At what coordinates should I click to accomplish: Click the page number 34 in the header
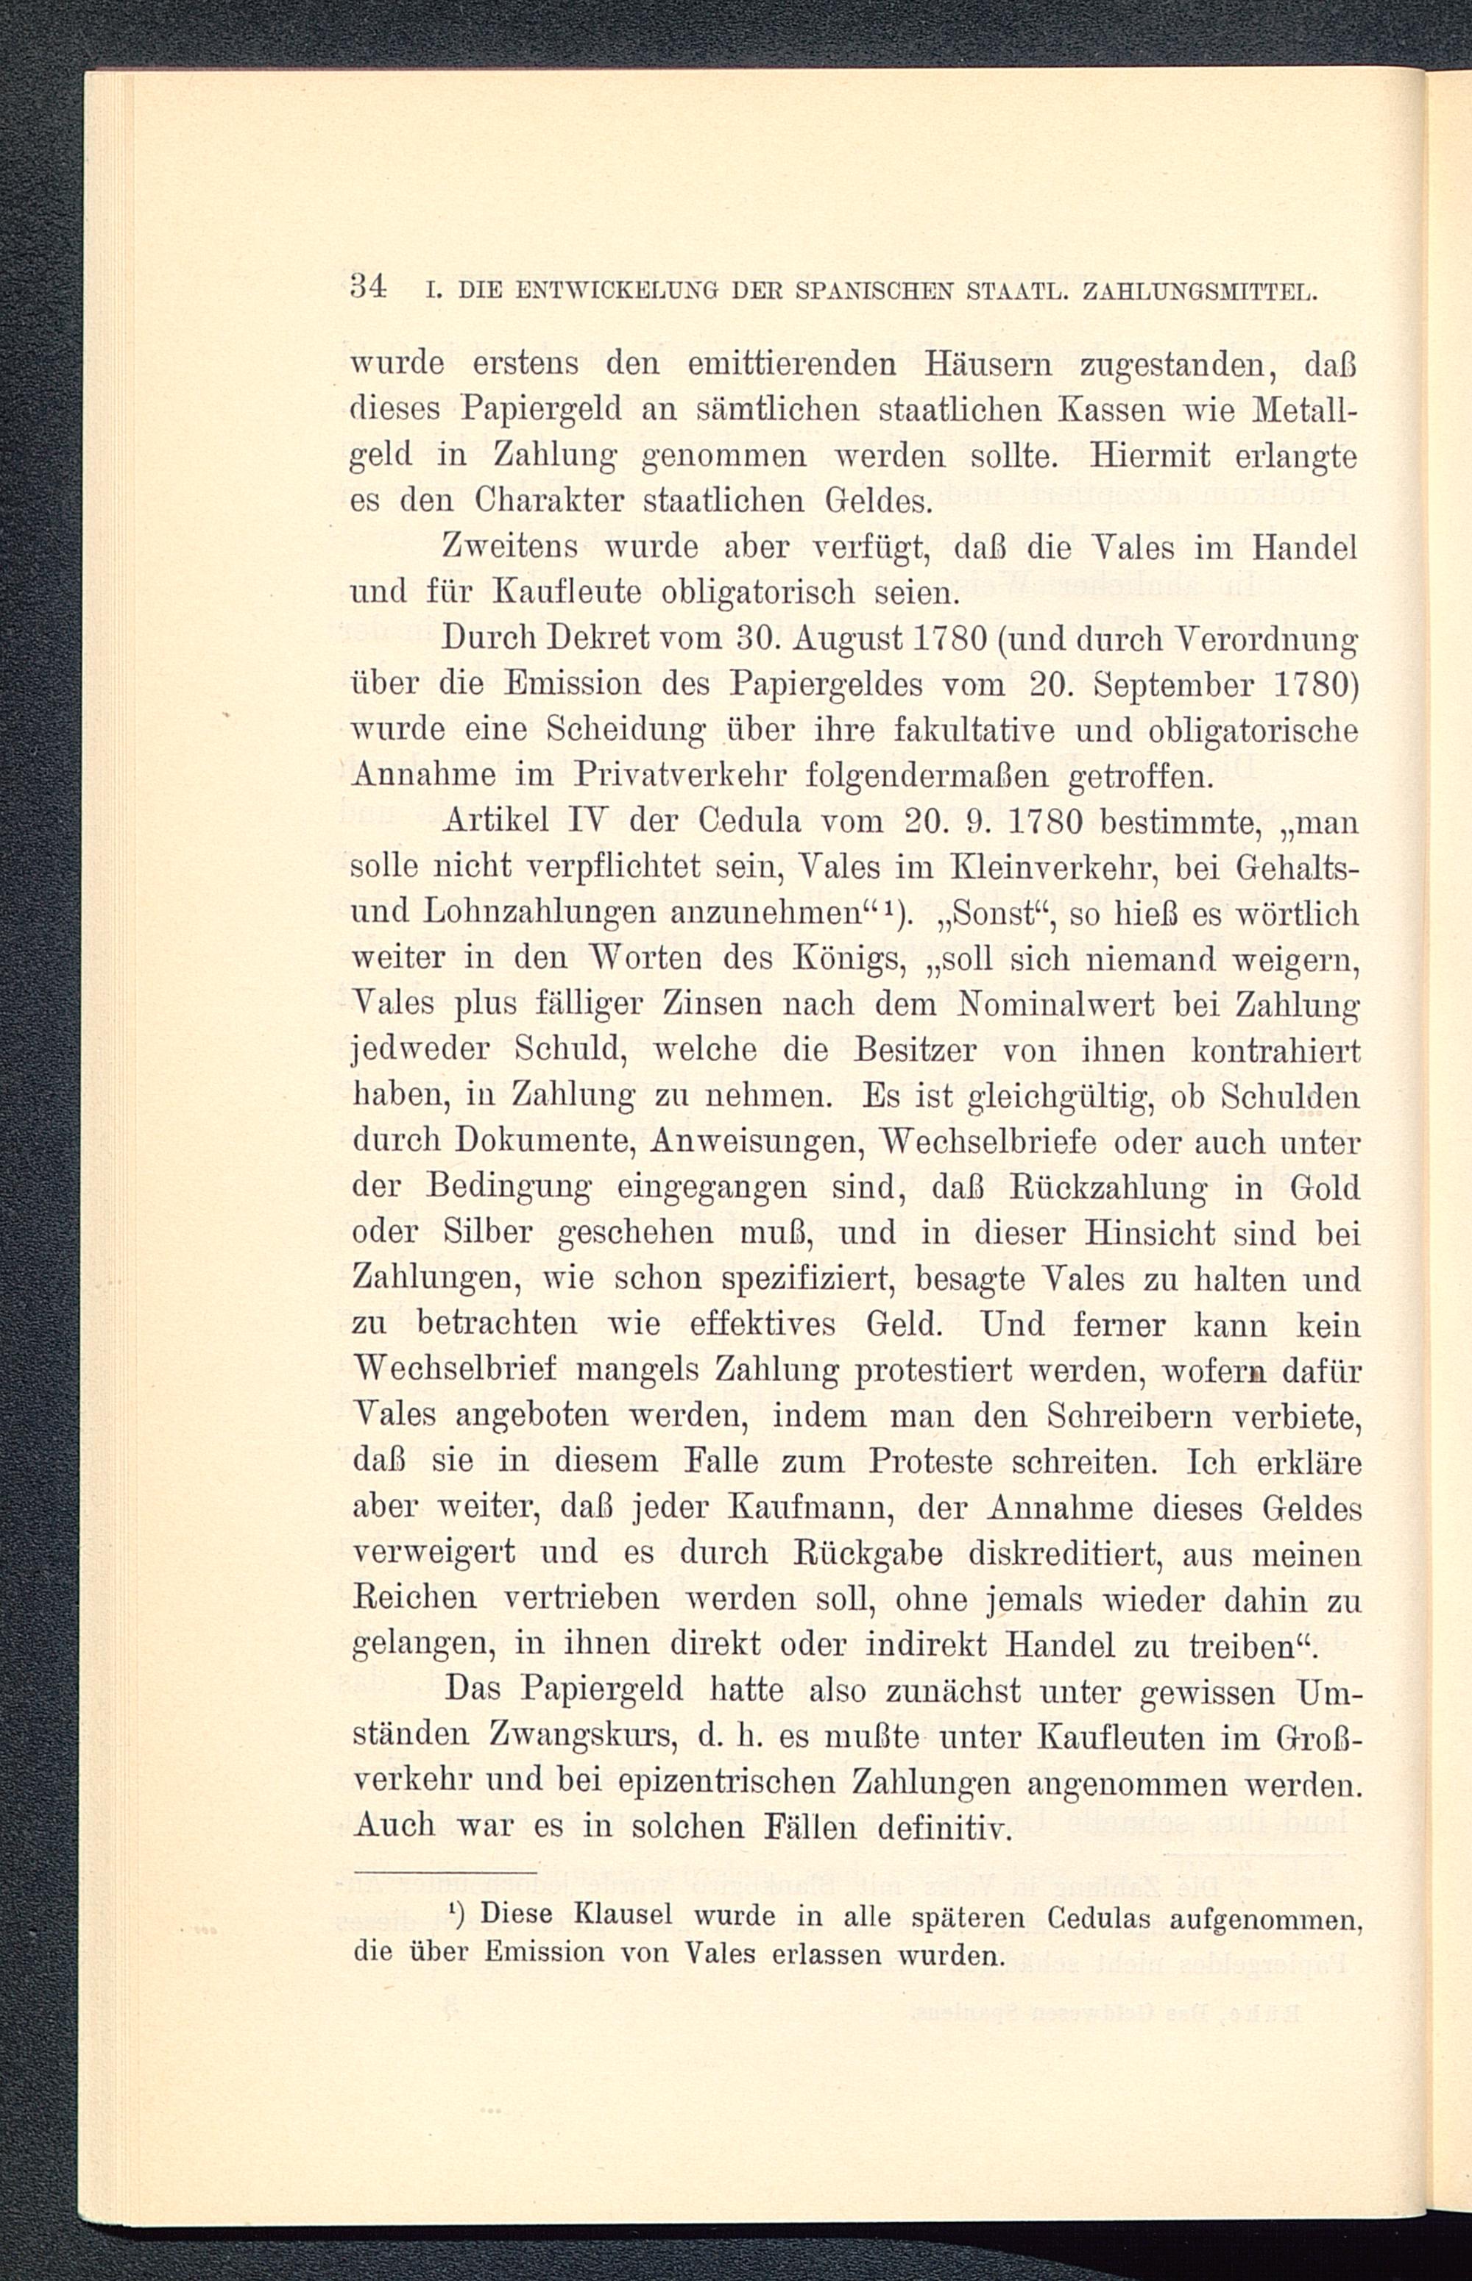click(367, 287)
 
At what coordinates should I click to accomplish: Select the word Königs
click(850, 959)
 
